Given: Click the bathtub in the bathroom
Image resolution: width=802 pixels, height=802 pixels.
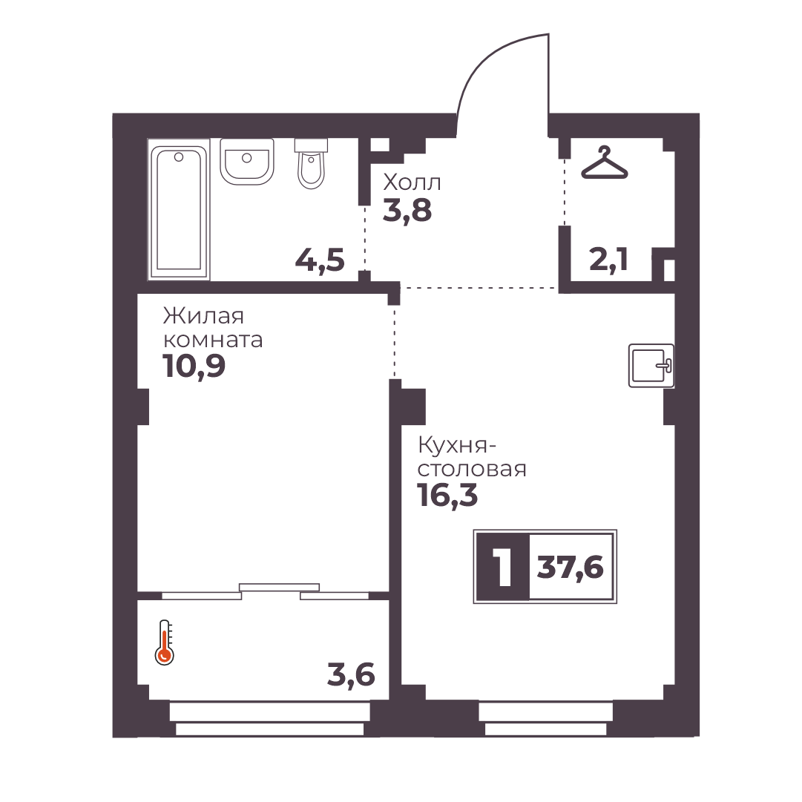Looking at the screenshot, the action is [x=179, y=209].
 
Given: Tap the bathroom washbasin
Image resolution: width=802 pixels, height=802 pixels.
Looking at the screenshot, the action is [x=246, y=162].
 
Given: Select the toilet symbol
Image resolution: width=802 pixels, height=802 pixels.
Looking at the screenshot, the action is [x=311, y=164].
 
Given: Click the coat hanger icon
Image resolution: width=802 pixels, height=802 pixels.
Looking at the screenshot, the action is [x=604, y=162].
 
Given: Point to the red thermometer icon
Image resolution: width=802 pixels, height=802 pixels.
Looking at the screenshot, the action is [x=164, y=642].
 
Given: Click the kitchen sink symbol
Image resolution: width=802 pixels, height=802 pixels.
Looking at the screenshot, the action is [x=651, y=365].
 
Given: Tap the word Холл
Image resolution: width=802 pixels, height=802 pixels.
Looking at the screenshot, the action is [x=412, y=182].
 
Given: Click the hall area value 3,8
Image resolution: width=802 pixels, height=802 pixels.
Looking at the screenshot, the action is [x=407, y=210].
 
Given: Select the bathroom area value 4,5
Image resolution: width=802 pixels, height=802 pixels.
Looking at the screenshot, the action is [x=321, y=260].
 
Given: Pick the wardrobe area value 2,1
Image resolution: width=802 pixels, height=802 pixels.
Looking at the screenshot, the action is [x=608, y=260].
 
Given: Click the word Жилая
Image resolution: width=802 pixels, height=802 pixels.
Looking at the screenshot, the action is [x=203, y=316].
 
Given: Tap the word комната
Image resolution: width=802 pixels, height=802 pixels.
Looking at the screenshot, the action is [x=213, y=340].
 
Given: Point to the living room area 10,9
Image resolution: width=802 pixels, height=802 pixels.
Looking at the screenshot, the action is [x=194, y=367].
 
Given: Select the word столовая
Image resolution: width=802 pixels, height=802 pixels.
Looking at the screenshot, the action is [x=472, y=469].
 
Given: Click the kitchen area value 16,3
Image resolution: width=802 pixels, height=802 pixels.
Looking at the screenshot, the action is [x=447, y=495].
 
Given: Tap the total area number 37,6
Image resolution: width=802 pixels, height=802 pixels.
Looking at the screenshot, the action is [x=571, y=568].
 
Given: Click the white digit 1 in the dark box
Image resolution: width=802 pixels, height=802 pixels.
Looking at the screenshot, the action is [x=504, y=567].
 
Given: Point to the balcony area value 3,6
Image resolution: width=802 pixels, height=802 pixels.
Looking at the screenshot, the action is [x=351, y=675].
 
